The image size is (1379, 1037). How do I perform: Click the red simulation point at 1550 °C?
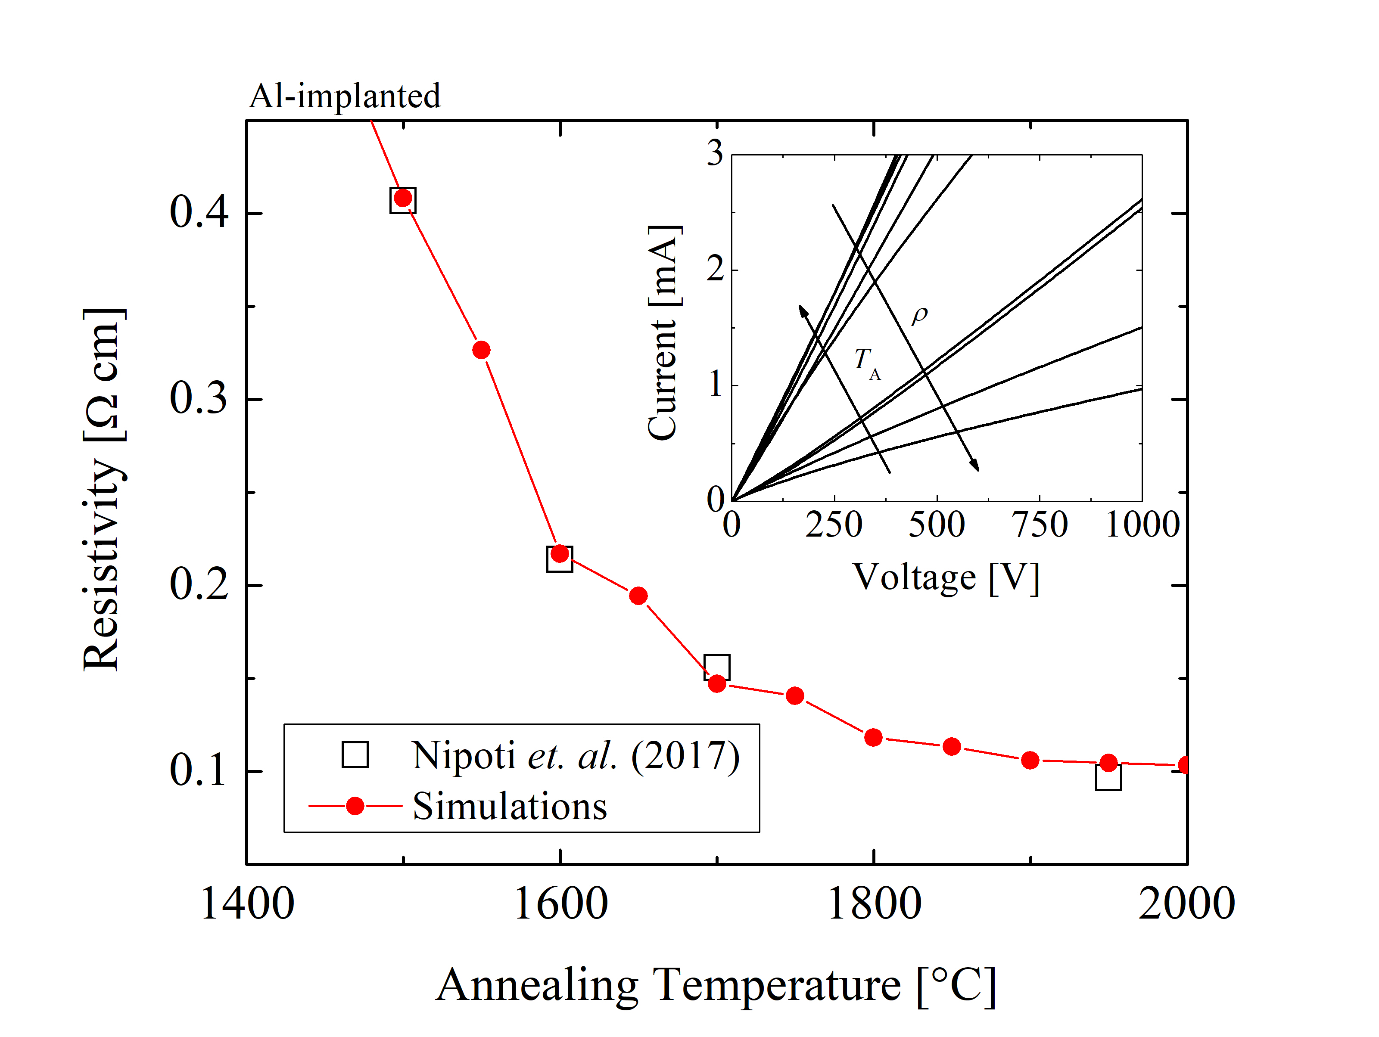(481, 350)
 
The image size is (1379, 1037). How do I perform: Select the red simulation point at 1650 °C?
(638, 596)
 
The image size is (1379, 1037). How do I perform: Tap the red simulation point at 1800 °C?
(873, 738)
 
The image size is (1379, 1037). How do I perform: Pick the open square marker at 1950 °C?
(1108, 778)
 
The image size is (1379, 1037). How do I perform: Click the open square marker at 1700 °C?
(717, 667)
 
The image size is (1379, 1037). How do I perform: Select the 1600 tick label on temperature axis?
(560, 905)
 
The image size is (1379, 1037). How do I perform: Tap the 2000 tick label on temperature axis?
(1186, 905)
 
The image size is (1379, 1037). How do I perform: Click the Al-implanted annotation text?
(345, 96)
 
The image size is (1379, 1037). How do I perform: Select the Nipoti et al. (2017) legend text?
(575, 756)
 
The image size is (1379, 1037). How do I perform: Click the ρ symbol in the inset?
(919, 315)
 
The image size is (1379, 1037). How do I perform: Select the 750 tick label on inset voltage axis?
(1039, 525)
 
